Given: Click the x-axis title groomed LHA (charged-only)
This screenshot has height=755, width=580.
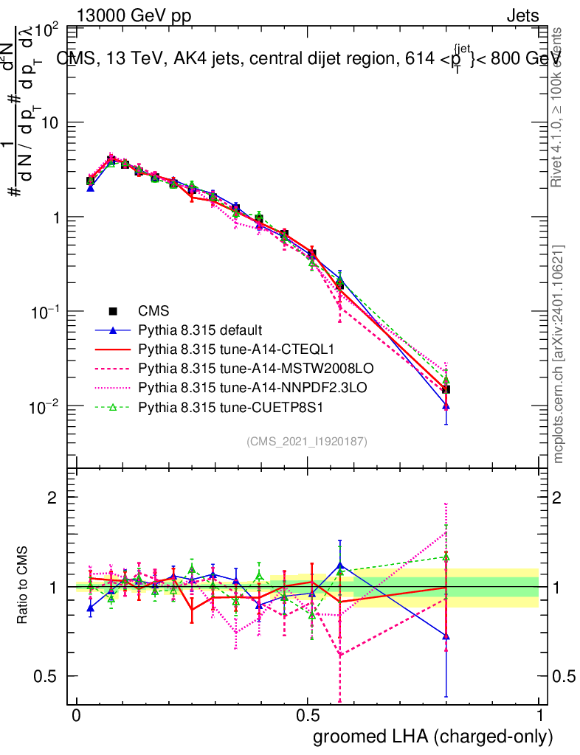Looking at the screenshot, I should coord(434,737).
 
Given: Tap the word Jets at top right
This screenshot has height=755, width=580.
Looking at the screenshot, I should coord(522,15).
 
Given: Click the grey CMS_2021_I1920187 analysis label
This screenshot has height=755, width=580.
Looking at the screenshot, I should coord(307,441).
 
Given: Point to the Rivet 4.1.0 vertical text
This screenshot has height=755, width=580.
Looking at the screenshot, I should coord(558,107).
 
